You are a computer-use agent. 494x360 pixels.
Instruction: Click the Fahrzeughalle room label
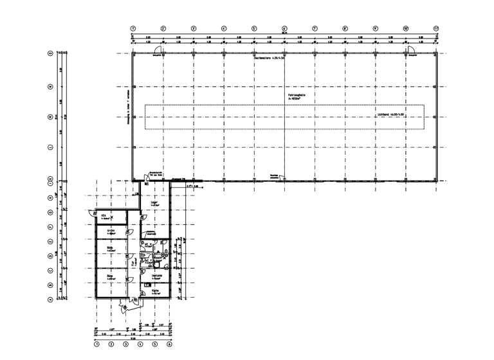pos(297,97)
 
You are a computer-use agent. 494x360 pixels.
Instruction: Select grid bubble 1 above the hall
pos(133,28)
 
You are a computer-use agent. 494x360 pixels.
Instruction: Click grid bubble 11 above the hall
pos(436,28)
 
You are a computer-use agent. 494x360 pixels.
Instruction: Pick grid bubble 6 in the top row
pos(284,28)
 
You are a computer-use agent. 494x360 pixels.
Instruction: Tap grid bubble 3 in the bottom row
pos(125,345)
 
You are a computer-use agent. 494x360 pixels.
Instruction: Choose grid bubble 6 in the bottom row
pos(169,345)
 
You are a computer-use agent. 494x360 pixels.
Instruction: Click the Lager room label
pos(154,203)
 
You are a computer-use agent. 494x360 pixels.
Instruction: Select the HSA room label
pos(103,216)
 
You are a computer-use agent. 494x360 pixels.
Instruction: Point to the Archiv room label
pos(111,231)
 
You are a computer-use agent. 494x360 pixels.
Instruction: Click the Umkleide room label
pos(156,275)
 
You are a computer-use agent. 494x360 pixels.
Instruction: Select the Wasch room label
pos(156,258)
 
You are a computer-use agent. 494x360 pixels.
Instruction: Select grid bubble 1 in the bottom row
pos(96,345)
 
